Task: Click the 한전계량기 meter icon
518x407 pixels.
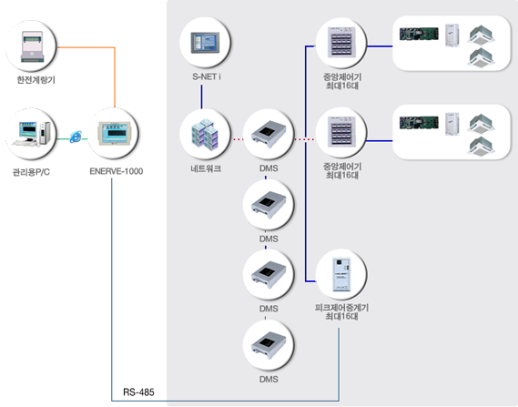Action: (32, 46)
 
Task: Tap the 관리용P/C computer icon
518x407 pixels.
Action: (31, 134)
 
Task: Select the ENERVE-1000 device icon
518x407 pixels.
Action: (114, 133)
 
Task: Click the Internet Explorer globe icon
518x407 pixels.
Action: (76, 137)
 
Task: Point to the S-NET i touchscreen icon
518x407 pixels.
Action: (205, 42)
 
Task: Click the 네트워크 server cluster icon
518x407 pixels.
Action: (205, 134)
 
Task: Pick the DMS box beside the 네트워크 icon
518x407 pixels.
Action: (269, 134)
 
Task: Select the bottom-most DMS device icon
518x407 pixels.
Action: (269, 345)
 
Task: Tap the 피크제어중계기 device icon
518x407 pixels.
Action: (341, 275)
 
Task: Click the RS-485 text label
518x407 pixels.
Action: (138, 392)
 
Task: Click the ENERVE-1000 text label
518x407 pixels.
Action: (117, 171)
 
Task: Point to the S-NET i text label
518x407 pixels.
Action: (207, 76)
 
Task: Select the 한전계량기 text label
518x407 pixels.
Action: (36, 80)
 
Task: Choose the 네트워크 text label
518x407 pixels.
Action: (206, 168)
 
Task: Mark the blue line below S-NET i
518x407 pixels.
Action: (201, 97)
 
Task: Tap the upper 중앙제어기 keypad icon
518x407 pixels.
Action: (341, 42)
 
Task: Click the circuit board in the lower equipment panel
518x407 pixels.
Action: (419, 123)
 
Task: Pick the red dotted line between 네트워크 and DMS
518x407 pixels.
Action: (238, 139)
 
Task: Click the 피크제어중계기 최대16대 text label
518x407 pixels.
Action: (341, 312)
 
